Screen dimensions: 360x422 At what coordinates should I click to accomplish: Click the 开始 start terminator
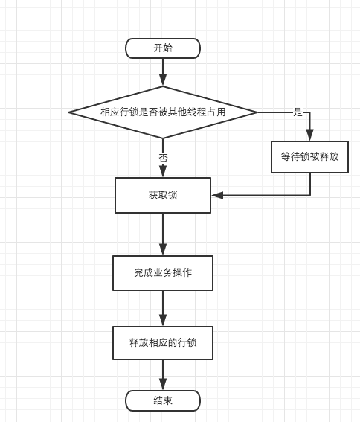pyautogui.click(x=163, y=48)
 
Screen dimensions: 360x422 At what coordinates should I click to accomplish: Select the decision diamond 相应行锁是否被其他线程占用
pyautogui.click(x=163, y=112)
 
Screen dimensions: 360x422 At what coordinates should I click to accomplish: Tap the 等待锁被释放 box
pyautogui.click(x=309, y=157)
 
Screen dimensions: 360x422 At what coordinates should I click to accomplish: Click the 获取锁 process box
pyautogui.click(x=163, y=195)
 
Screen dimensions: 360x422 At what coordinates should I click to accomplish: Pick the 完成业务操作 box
pyautogui.click(x=163, y=273)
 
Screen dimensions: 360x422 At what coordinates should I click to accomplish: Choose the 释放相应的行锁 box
pyautogui.click(x=163, y=343)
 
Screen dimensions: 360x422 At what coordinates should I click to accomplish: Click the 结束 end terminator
pyautogui.click(x=163, y=400)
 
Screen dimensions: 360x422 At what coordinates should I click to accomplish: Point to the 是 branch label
pyautogui.click(x=298, y=112)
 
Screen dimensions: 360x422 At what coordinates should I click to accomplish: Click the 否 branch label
pyautogui.click(x=163, y=158)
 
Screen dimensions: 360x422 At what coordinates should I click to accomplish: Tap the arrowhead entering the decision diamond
pyautogui.click(x=163, y=80)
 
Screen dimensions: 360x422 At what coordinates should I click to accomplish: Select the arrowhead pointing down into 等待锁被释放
pyautogui.click(x=309, y=135)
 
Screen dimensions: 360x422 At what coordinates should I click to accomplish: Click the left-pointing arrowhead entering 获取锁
pyautogui.click(x=217, y=195)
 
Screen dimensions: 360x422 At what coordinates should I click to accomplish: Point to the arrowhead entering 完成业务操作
pyautogui.click(x=163, y=249)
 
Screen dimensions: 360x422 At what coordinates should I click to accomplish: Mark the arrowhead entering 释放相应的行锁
pyautogui.click(x=163, y=320)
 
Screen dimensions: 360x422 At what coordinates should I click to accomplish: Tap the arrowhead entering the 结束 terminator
pyautogui.click(x=163, y=384)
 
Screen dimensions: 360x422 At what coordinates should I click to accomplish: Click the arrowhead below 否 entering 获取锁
pyautogui.click(x=163, y=171)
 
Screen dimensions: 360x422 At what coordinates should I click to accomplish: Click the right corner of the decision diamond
pyautogui.click(x=257, y=112)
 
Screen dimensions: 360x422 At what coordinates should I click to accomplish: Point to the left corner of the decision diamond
pyautogui.click(x=68, y=112)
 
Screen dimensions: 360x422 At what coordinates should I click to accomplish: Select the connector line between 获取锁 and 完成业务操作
pyautogui.click(x=163, y=234)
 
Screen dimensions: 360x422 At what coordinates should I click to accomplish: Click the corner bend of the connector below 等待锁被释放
pyautogui.click(x=309, y=195)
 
